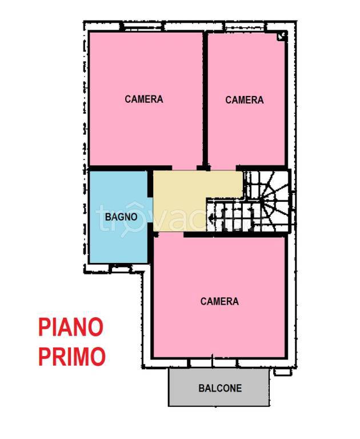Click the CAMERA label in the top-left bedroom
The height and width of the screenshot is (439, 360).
pyautogui.click(x=144, y=99)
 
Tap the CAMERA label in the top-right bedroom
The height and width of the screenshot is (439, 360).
pyautogui.click(x=245, y=100)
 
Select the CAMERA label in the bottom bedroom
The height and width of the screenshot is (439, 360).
pyautogui.click(x=219, y=301)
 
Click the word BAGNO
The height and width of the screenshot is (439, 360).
pyautogui.click(x=121, y=217)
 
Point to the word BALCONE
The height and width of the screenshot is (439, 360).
pyautogui.click(x=220, y=388)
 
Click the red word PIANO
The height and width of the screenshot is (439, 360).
pyautogui.click(x=71, y=328)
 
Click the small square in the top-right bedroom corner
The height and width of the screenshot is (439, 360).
pyautogui.click(x=281, y=36)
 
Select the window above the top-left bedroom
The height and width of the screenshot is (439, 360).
pyautogui.click(x=142, y=27)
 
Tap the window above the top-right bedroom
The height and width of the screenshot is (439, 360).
pyautogui.click(x=244, y=27)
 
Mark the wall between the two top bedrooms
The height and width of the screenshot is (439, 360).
pyautogui.click(x=205, y=100)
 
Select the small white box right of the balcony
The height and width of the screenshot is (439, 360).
pyautogui.click(x=282, y=372)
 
